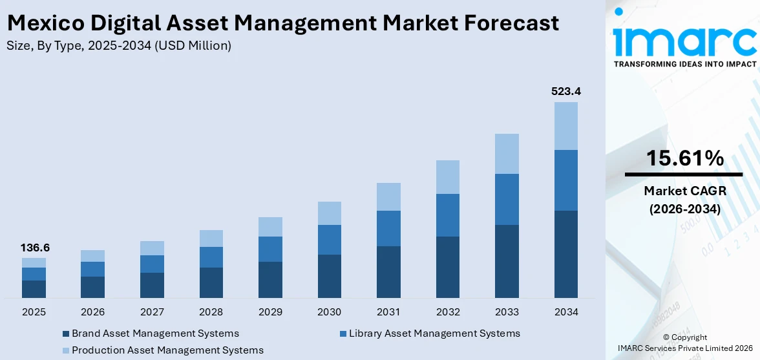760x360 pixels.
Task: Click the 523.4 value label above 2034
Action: pos(565,92)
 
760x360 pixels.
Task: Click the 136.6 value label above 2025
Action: pos(34,248)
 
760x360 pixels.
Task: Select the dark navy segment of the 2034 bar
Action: pos(565,254)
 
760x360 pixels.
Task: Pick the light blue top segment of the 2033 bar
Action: pos(507,154)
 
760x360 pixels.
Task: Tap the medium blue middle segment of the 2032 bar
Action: pos(448,215)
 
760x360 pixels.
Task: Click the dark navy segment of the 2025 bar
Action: pos(34,289)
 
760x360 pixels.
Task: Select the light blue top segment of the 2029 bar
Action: pos(270,227)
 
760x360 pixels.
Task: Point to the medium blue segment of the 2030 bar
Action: pos(329,240)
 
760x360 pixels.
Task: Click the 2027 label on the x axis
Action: pos(152,312)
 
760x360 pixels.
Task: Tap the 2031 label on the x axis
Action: pos(388,312)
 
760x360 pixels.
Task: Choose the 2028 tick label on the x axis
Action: pos(211,312)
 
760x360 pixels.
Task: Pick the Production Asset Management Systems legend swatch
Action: pos(66,350)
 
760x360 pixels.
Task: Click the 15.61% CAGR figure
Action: pos(683,159)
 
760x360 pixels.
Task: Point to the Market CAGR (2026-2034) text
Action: pos(683,200)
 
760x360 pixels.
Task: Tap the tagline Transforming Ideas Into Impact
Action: pos(684,64)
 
